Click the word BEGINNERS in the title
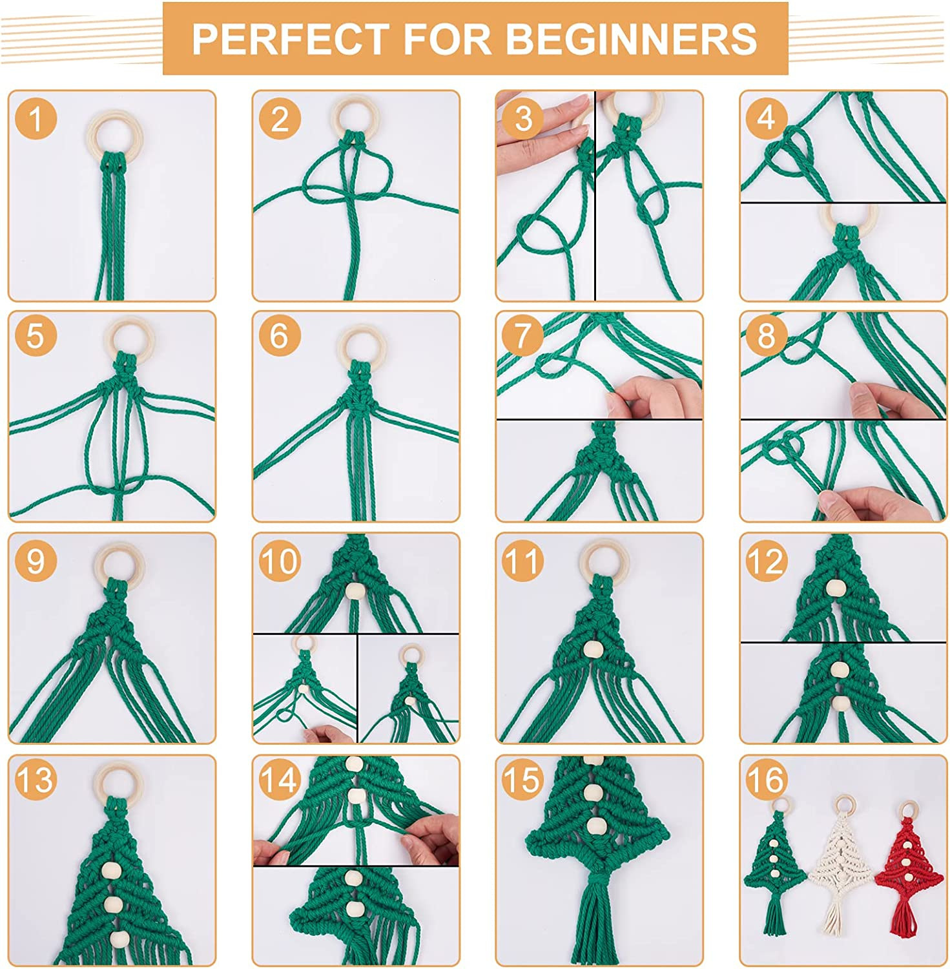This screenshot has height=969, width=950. pos(631,39)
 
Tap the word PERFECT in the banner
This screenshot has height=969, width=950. pos(291,39)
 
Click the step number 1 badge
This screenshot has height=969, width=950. pos(36,119)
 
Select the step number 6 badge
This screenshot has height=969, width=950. pos(279,337)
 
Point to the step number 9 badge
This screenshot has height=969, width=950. pos(36,559)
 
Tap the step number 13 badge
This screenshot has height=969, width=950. pos(36,780)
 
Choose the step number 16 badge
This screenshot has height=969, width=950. pos(766,780)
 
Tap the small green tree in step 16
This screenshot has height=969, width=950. pos(775,859)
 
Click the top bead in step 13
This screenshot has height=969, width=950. pos(111,870)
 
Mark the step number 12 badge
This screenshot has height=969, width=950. pos(766,559)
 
